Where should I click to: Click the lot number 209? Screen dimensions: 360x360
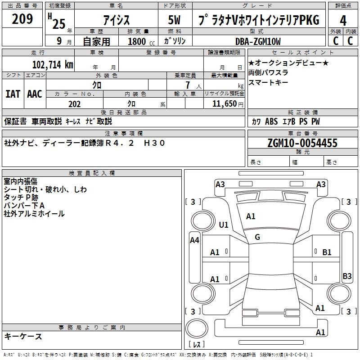22,19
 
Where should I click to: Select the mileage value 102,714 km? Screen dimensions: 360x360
53,64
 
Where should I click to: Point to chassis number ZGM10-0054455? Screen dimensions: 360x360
302,144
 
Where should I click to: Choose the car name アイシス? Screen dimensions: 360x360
116,20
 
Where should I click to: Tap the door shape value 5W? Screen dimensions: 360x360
175,20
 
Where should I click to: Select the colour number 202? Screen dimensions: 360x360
74,104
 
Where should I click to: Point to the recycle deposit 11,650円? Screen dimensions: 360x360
228,104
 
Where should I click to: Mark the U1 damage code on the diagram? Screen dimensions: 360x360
224,225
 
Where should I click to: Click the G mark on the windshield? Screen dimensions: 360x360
257,237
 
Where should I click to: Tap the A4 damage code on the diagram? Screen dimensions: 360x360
194,240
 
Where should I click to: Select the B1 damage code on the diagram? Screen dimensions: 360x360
327,252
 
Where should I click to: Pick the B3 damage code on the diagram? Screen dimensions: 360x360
347,276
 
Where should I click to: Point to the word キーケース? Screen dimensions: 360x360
23,336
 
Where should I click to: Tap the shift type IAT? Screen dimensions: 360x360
13,94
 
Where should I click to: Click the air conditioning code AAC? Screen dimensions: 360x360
35,94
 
